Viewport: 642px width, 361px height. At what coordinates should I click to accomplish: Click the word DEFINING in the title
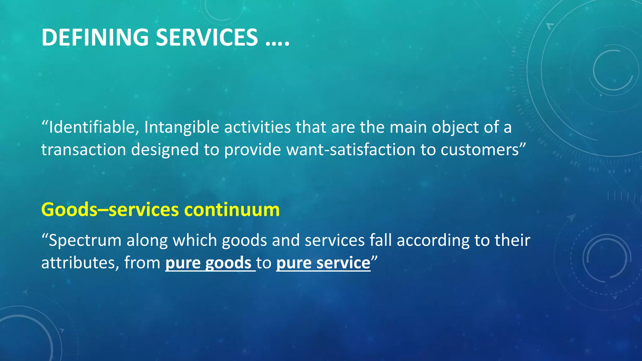coord(95,37)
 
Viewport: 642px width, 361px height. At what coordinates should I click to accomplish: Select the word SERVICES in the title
coord(207,37)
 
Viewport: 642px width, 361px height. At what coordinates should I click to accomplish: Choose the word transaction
coord(83,149)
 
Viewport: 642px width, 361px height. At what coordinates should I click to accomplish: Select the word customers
coord(480,149)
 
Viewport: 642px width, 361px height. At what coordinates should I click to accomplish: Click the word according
coord(433,240)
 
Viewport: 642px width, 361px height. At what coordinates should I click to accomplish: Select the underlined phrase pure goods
coord(208,263)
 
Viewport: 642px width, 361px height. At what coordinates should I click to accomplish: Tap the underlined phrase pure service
coord(323,263)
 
